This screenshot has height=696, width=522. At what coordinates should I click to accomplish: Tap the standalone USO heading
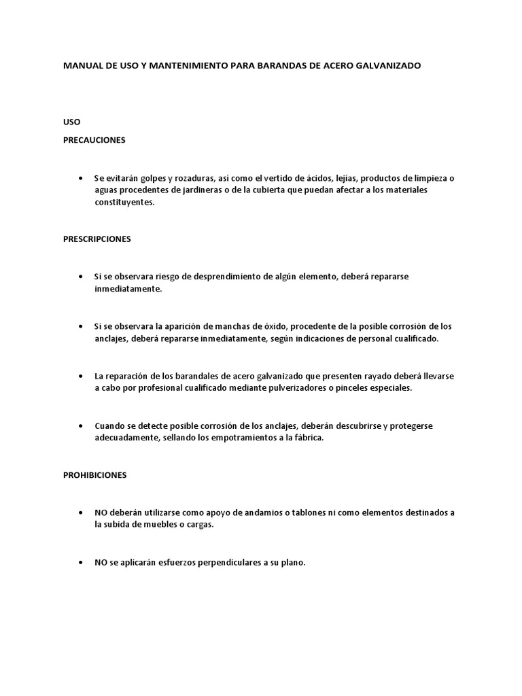pyautogui.click(x=71, y=122)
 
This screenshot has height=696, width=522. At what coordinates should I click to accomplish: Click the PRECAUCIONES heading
pyautogui.click(x=94, y=140)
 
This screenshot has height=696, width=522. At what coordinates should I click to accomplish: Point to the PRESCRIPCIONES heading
pyautogui.click(x=97, y=239)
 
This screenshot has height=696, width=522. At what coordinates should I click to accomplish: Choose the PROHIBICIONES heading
pyautogui.click(x=95, y=476)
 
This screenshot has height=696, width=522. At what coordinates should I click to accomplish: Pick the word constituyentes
pyautogui.click(x=125, y=203)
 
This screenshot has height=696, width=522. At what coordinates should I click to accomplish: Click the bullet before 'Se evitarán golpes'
pyautogui.click(x=80, y=178)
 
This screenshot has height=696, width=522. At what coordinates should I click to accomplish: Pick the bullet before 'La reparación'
pyautogui.click(x=80, y=376)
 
